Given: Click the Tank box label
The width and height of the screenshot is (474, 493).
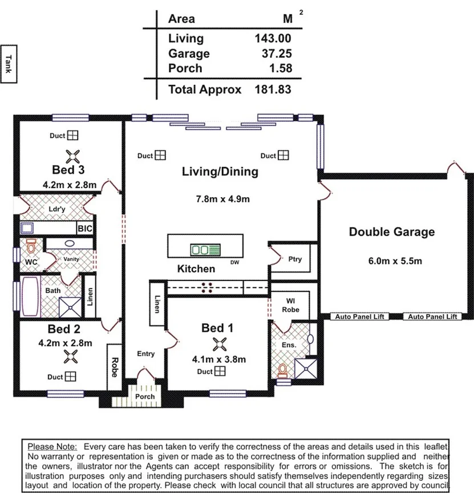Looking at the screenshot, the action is [x=9, y=64].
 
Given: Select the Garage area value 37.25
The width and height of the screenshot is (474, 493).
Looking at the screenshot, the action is [x=277, y=54].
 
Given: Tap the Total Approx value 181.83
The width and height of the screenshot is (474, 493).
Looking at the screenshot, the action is [x=273, y=89].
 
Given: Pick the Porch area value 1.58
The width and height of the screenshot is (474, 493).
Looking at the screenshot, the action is [x=281, y=68].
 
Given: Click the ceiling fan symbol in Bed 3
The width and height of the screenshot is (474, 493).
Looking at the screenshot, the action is [x=72, y=156].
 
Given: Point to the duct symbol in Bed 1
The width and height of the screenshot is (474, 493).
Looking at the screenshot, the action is [x=220, y=372].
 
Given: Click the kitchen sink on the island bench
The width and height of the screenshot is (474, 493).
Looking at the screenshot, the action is [x=205, y=250].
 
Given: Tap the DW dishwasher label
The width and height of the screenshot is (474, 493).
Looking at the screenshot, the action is [x=235, y=262].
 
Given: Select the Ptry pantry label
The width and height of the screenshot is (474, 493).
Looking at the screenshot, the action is [x=295, y=259].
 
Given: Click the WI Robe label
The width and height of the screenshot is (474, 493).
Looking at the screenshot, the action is [x=290, y=305].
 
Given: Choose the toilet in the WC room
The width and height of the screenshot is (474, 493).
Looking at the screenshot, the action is [x=31, y=246].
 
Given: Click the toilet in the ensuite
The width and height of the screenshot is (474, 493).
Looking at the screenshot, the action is [x=282, y=370].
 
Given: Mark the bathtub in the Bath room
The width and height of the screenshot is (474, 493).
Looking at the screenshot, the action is [x=31, y=296].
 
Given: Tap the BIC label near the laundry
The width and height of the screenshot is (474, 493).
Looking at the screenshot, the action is [x=85, y=229].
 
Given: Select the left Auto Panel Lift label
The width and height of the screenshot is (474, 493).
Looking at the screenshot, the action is [x=359, y=317].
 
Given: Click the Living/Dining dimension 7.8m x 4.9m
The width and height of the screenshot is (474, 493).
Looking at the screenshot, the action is [x=223, y=199].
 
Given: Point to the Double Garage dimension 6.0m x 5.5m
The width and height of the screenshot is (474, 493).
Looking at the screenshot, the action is [x=395, y=261].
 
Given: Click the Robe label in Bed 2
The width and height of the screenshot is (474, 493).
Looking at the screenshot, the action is [x=115, y=367].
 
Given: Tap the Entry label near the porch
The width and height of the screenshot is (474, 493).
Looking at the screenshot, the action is [x=145, y=354].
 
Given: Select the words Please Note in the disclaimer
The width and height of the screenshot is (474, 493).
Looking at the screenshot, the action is [x=52, y=447].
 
